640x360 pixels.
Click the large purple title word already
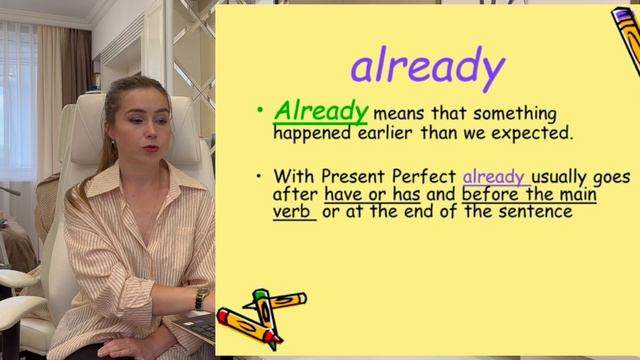[427, 67]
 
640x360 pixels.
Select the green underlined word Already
[321, 111]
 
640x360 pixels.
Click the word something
[512, 113]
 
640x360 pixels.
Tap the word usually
[564, 176]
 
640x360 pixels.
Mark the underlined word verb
[292, 211]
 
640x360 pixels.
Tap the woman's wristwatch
[202, 298]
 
